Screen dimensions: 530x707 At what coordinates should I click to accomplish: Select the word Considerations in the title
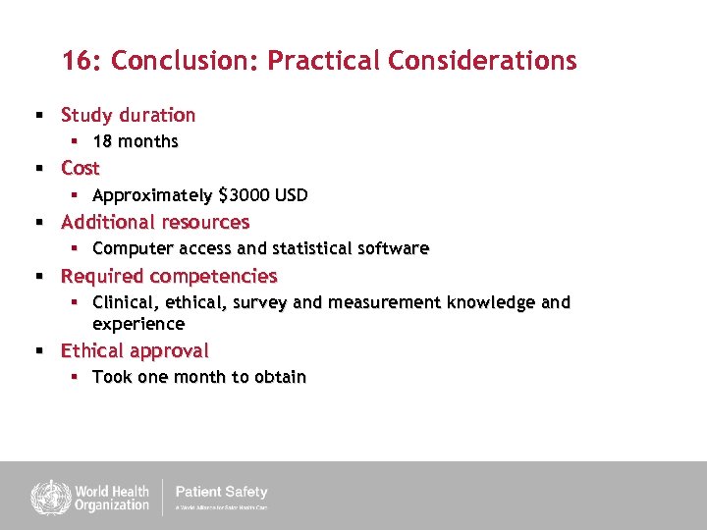click(x=482, y=61)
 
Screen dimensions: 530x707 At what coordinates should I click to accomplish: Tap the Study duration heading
click(x=128, y=115)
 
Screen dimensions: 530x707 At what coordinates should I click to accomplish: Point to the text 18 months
click(x=136, y=141)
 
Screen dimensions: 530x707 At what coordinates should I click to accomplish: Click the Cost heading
click(x=81, y=168)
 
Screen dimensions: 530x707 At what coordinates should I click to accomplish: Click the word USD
click(x=292, y=195)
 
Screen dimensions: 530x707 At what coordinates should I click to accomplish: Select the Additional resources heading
click(x=155, y=222)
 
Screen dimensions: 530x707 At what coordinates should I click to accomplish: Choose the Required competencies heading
click(x=169, y=276)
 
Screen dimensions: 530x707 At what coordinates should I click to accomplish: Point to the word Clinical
click(x=126, y=303)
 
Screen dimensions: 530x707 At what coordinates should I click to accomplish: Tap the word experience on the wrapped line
click(x=138, y=324)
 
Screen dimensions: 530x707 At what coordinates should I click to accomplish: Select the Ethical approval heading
click(x=135, y=350)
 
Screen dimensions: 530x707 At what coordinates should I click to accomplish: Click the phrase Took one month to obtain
click(x=199, y=378)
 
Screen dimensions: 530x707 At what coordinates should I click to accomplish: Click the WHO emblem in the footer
click(x=45, y=497)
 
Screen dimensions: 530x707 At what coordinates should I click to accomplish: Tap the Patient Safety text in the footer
click(x=221, y=492)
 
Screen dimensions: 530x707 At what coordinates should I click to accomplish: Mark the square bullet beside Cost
click(x=40, y=169)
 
